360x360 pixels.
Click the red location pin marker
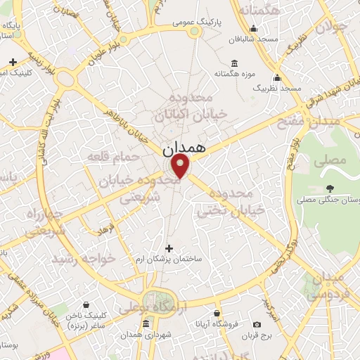181,166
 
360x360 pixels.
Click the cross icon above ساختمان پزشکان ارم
168,247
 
